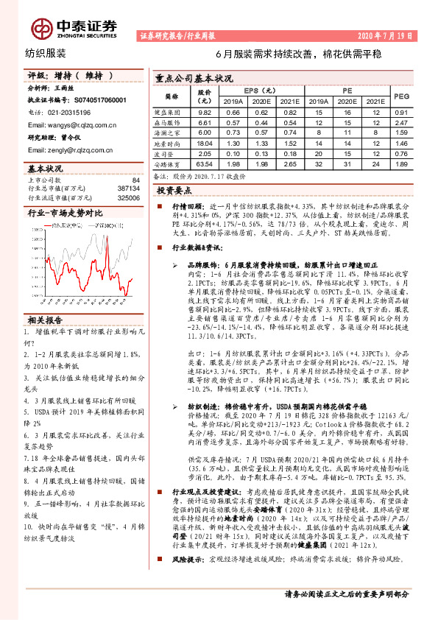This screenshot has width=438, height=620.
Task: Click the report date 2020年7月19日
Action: pyautogui.click(x=386, y=35)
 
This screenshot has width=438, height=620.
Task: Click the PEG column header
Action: pyautogui.click(x=401, y=96)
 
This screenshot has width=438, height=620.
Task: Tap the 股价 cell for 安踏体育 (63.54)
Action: pyautogui.click(x=205, y=165)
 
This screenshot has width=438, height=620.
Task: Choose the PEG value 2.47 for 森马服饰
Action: pyautogui.click(x=401, y=122)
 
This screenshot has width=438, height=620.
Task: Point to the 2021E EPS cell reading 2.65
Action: pyautogui.click(x=292, y=165)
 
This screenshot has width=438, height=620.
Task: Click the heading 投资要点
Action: pyautogui.click(x=174, y=190)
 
